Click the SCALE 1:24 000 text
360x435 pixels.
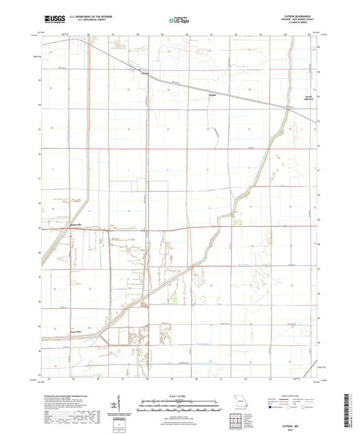pyautogui.click(x=179, y=396)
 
